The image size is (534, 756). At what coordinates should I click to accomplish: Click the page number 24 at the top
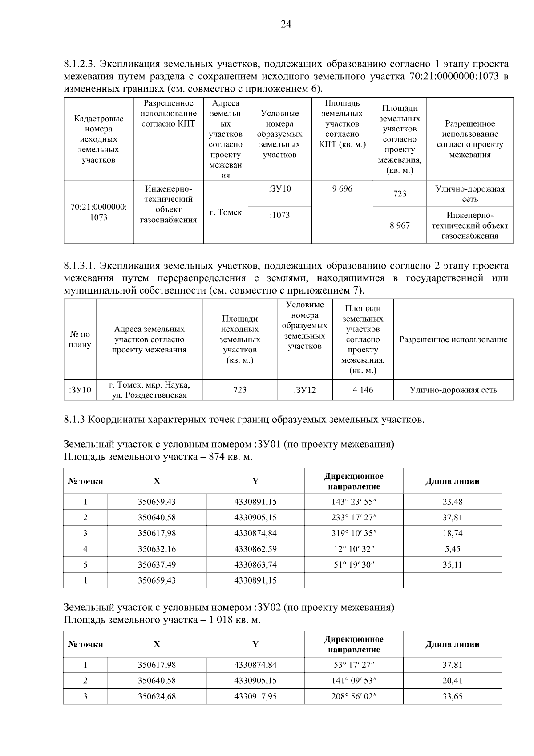pyautogui.click(x=286, y=25)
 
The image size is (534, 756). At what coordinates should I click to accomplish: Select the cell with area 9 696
pyautogui.click(x=342, y=189)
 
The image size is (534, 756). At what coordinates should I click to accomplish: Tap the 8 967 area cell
pyautogui.click(x=400, y=225)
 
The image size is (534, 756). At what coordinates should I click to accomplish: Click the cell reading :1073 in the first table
pyautogui.click(x=279, y=215)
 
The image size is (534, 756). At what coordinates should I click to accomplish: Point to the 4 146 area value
pyautogui.click(x=363, y=390)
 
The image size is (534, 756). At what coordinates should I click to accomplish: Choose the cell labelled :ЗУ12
pyautogui.click(x=304, y=390)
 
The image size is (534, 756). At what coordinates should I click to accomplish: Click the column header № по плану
pyautogui.click(x=80, y=339)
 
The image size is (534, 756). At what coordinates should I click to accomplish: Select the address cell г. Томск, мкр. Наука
pyautogui.click(x=150, y=390)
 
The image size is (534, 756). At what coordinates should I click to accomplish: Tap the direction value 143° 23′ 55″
pyautogui.click(x=354, y=502)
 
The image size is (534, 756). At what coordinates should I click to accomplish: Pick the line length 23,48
pyautogui.click(x=452, y=502)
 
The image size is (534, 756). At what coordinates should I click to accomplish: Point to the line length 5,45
pyautogui.click(x=452, y=549)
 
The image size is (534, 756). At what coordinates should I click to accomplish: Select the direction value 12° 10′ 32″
pyautogui.click(x=354, y=549)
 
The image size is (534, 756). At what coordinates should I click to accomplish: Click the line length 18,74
pyautogui.click(x=452, y=533)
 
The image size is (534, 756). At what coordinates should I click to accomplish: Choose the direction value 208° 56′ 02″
pyautogui.click(x=354, y=696)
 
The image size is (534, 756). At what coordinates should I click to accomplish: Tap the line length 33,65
pyautogui.click(x=452, y=696)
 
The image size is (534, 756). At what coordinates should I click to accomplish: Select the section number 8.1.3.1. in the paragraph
pyautogui.click(x=80, y=266)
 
